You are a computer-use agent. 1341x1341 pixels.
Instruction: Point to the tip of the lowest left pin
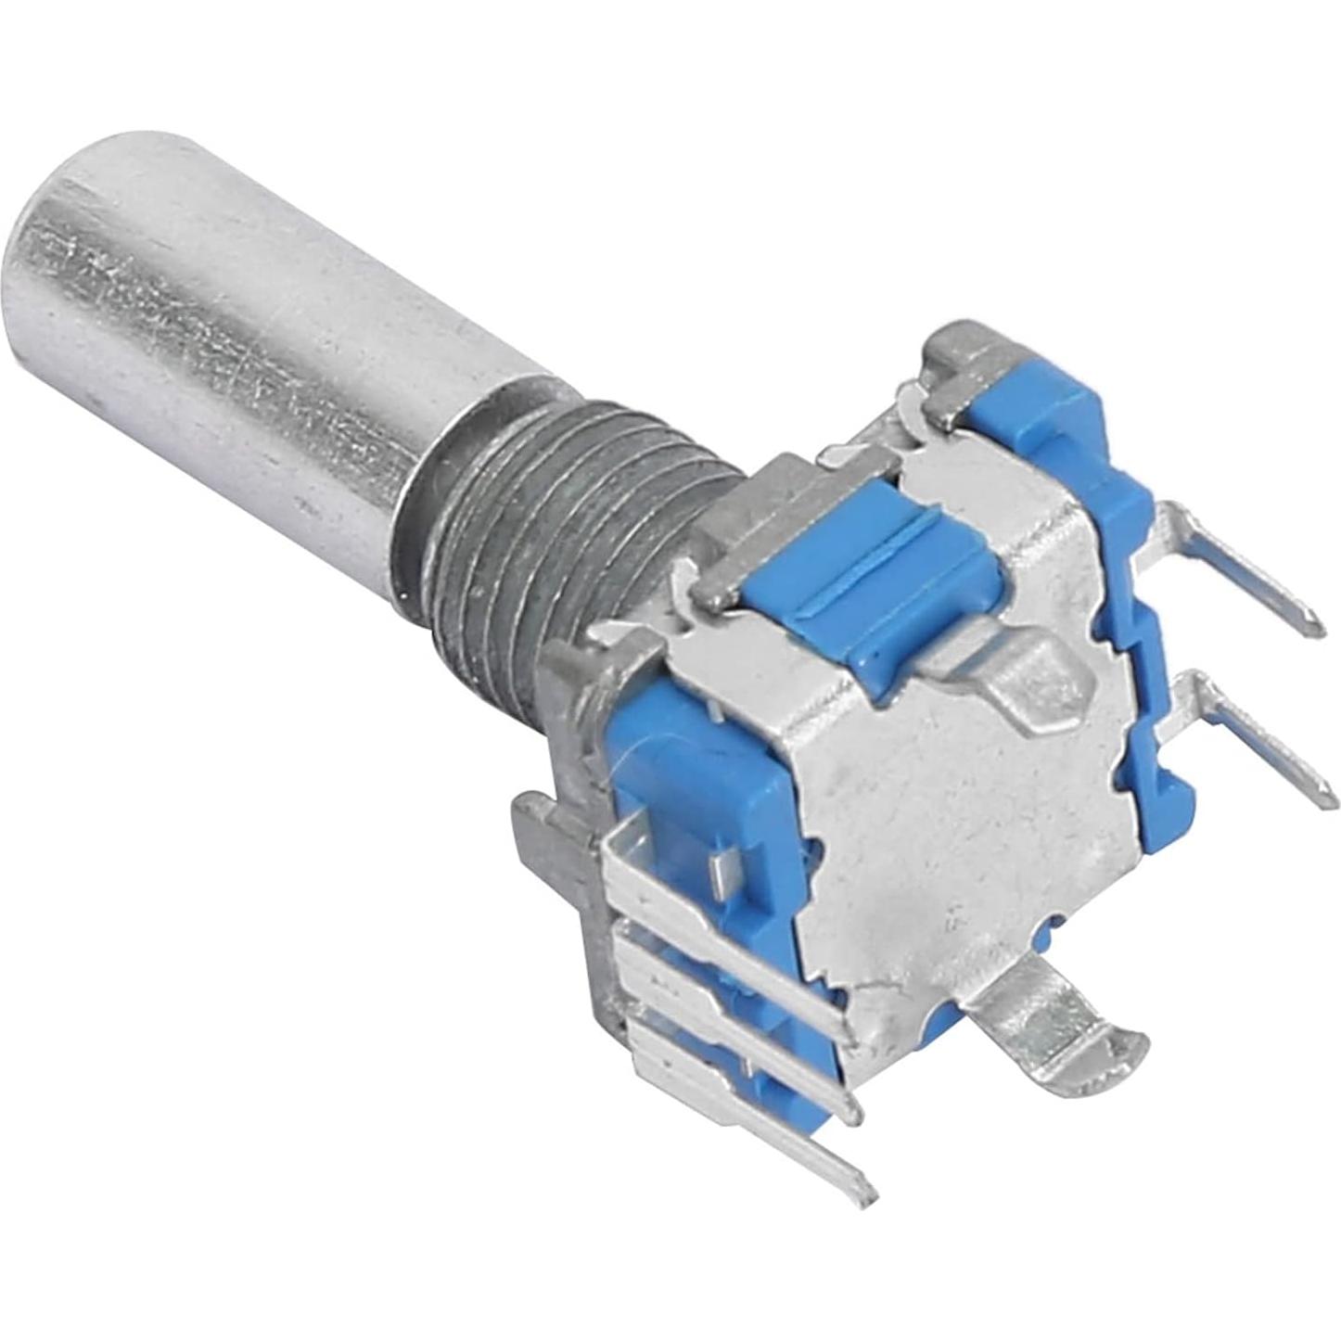(867, 1187)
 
